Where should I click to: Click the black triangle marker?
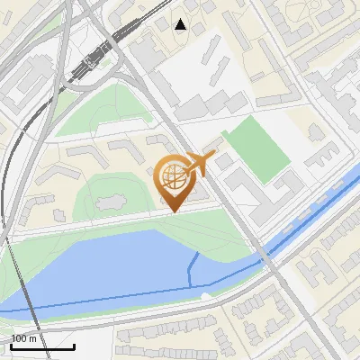[x=181, y=24]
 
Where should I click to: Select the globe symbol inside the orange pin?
[x=172, y=175]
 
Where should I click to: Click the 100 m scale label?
[x=24, y=338]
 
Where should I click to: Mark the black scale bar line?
[x=41, y=346]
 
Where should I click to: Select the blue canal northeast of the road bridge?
[x=315, y=211]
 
